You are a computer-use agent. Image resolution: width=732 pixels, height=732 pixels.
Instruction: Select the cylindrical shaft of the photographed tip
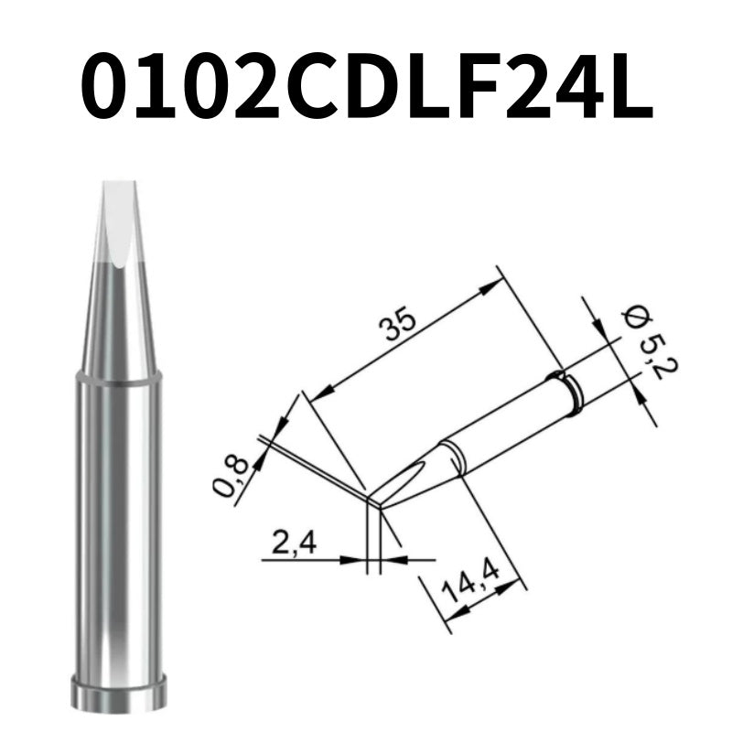point(119,531)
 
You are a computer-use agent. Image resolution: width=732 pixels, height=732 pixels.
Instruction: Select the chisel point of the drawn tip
point(376,501)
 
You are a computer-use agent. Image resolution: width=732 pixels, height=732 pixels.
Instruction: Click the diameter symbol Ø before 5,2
point(630,317)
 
